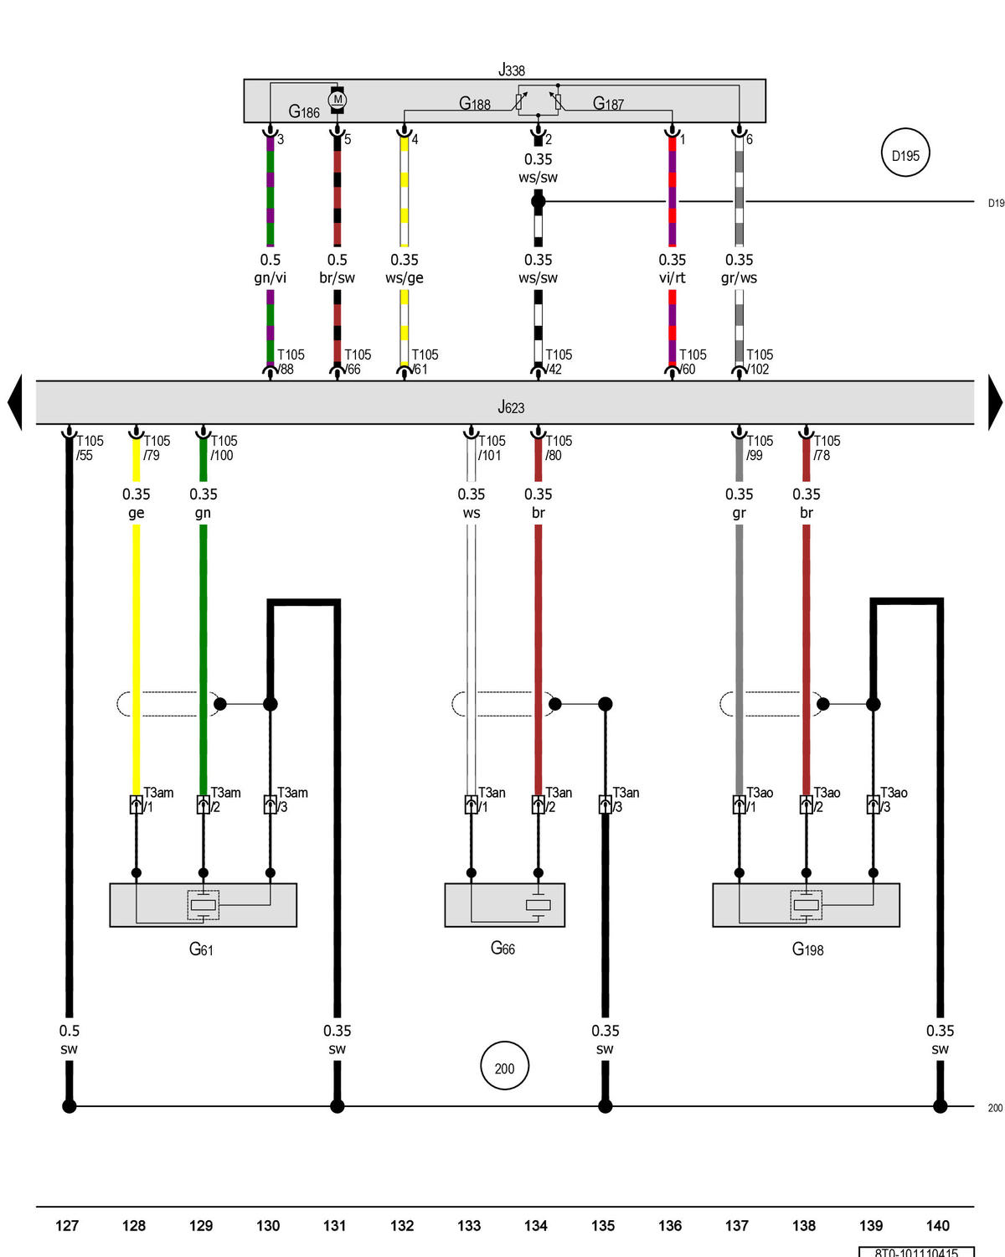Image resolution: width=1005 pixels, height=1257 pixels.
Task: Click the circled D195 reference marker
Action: (905, 155)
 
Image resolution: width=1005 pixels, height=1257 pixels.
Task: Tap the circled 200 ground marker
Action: (504, 1068)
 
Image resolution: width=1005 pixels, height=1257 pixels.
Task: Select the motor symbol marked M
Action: (338, 100)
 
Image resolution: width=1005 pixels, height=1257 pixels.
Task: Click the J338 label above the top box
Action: (511, 70)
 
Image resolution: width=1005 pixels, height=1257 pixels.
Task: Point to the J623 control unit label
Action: (511, 407)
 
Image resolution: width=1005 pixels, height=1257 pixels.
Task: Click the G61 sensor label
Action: (201, 949)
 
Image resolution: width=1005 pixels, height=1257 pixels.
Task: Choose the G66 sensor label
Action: (502, 948)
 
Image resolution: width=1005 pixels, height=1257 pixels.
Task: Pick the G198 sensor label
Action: (807, 949)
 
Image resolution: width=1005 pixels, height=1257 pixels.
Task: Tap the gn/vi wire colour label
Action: (270, 277)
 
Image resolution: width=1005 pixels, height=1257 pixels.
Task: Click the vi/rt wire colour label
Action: (672, 277)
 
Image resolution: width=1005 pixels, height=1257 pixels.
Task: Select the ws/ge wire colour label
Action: (404, 277)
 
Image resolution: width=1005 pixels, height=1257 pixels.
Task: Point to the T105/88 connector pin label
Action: (290, 362)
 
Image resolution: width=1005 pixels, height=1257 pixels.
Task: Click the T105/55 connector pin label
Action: (89, 447)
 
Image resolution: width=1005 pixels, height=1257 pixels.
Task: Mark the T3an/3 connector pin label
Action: (625, 799)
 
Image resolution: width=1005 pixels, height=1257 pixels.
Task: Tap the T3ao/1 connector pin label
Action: (759, 799)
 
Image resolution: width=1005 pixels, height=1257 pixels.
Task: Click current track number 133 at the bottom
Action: (469, 1225)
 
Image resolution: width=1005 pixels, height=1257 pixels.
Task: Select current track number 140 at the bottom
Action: (937, 1225)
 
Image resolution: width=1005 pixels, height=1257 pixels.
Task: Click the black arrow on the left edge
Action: (14, 402)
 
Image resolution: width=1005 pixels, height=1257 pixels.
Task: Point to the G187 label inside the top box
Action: (608, 103)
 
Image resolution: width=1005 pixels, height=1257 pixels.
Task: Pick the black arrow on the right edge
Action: (995, 402)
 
